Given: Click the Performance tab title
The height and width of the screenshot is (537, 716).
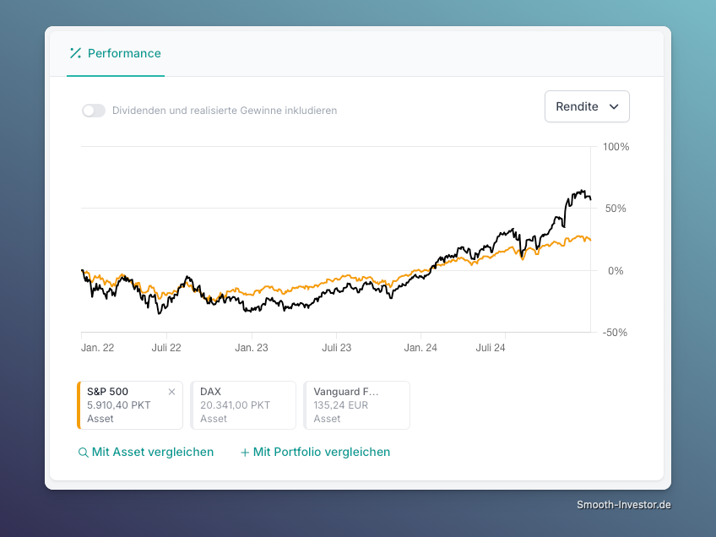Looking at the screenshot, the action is point(124,53).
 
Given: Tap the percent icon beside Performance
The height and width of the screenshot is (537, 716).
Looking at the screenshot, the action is point(75,53).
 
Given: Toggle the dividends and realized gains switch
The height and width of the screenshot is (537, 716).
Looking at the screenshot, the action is point(94,111).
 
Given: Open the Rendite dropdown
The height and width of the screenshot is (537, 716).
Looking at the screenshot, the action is point(587,106).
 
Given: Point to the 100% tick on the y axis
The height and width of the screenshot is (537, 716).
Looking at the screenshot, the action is point(616,147).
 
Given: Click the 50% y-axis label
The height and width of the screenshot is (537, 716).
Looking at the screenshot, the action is point(616,209).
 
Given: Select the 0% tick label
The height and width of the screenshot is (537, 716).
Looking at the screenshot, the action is point(616,271).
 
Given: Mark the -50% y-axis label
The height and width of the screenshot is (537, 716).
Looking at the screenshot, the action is point(615,333).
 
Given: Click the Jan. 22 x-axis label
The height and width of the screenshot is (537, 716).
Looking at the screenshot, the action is point(97,348).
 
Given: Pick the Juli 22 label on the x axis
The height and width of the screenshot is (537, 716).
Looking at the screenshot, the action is point(166,348).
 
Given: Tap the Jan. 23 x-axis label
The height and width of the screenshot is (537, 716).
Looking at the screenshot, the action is point(251,348).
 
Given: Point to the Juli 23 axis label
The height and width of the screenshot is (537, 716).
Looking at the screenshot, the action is point(337,348).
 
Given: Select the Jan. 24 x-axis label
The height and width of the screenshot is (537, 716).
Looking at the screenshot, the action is point(420,348).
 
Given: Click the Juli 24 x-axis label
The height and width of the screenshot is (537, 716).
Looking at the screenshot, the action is point(491,348).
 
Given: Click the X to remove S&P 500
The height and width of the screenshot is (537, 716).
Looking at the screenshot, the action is point(171,392).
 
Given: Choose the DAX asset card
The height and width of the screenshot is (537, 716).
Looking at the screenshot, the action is point(243,405).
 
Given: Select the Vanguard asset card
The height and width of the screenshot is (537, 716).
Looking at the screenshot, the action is point(356,405).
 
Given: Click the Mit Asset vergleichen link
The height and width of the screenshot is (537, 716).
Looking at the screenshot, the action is point(146,452).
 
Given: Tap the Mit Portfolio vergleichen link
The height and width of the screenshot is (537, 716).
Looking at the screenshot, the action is point(315,452).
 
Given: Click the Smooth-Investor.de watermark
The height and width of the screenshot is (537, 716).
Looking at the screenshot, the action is point(624,505).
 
